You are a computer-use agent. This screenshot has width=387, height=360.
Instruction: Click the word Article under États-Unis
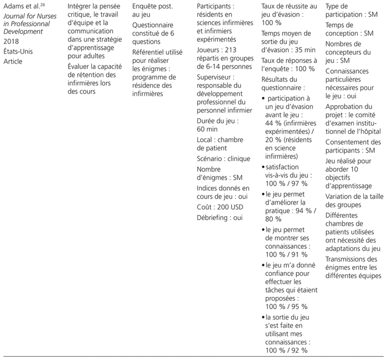(13, 61)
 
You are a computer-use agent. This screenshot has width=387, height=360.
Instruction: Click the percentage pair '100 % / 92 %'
(287, 349)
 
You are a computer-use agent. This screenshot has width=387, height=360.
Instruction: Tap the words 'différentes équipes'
(353, 275)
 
